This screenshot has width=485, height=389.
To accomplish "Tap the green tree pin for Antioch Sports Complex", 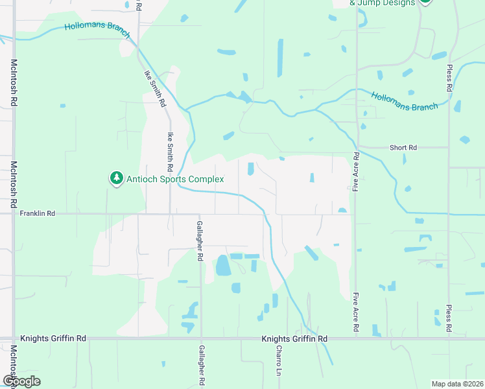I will click(117, 178).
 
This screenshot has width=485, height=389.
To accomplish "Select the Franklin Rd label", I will click(38, 213).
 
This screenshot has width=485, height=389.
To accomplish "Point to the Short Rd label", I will click(403, 148).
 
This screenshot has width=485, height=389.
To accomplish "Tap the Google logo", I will click(21, 381).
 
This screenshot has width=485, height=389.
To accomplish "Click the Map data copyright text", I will click(456, 384).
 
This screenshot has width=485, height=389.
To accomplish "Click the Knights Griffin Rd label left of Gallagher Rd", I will click(53, 338).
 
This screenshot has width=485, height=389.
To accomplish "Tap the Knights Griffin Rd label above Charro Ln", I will click(294, 338).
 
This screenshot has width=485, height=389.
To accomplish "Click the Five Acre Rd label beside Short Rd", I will click(357, 171).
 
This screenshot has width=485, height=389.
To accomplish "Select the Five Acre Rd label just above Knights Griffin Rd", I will click(356, 312).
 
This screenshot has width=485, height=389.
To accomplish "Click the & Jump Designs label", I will click(382, 3).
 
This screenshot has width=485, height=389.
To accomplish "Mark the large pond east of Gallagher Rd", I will click(223, 265).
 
